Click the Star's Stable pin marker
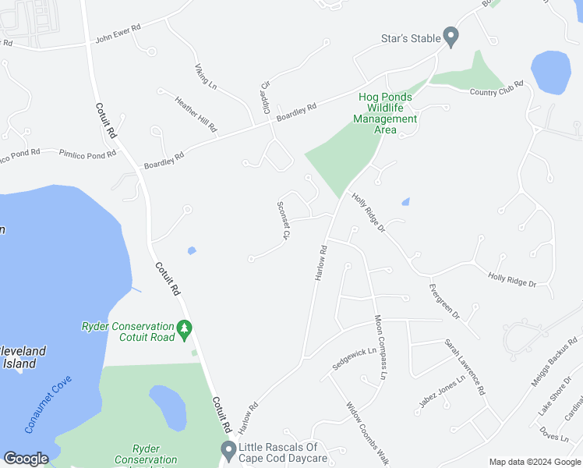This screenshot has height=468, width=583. [x=450, y=36]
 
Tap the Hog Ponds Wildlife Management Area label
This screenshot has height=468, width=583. [x=385, y=113]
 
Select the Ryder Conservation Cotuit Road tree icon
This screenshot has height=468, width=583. [x=185, y=330]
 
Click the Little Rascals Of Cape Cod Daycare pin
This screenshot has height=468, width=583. [x=228, y=449]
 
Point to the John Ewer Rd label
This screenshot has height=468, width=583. [x=118, y=32]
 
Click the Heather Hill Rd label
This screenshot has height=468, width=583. [x=196, y=114]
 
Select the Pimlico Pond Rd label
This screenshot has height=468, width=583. [x=87, y=154]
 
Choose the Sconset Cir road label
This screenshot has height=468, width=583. [x=284, y=220]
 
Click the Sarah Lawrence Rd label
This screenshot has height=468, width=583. [x=465, y=365]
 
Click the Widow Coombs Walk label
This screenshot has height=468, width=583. [x=366, y=431]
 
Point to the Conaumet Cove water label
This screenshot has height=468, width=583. [x=49, y=404]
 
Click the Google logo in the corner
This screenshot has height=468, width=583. [x=26, y=459]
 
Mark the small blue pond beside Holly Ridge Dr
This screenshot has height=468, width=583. [x=405, y=203]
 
